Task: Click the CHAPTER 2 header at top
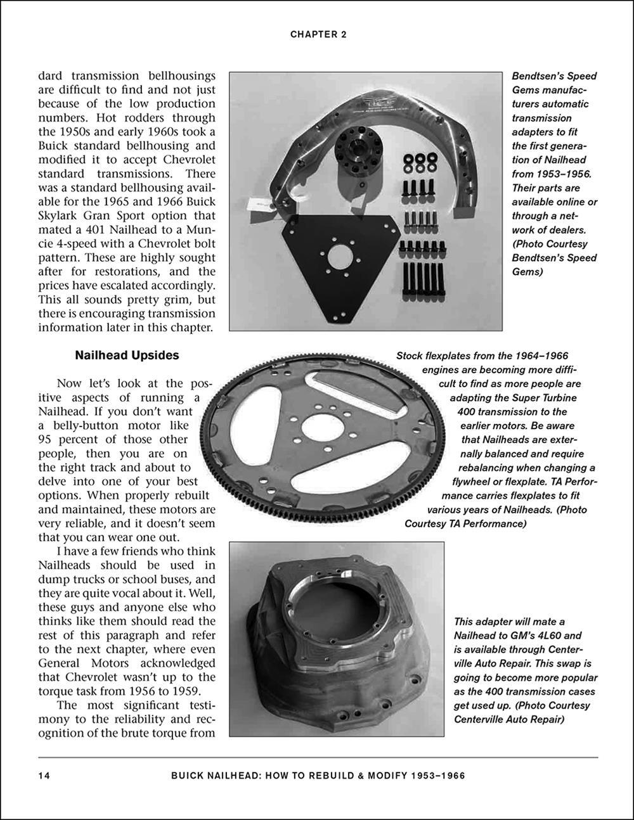(318, 35)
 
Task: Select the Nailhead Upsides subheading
(127, 356)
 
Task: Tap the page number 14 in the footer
(44, 775)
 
